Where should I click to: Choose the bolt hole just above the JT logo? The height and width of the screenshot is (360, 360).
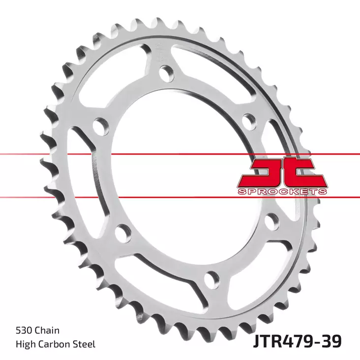tap(249, 119)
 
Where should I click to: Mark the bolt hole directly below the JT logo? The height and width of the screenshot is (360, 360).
tap(271, 222)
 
